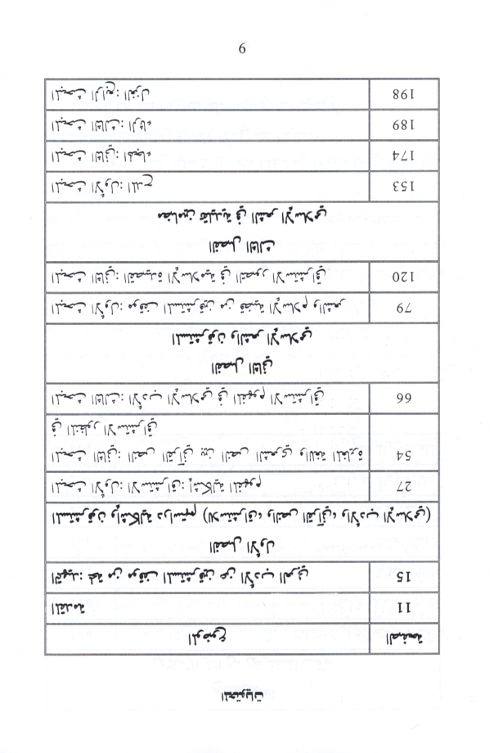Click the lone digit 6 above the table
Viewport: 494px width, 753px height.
coord(242,48)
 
